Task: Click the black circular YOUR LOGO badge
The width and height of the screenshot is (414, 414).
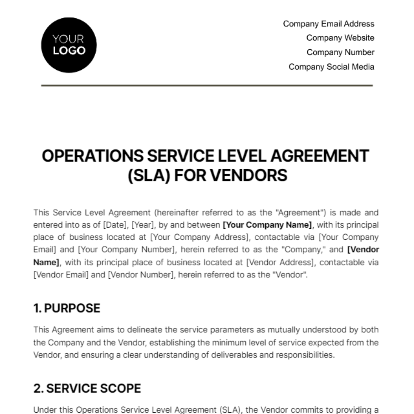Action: (x=69, y=45)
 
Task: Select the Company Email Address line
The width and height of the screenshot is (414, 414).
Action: (x=328, y=24)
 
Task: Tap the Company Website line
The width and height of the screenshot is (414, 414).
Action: (x=340, y=38)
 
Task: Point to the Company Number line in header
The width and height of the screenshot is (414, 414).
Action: (x=340, y=52)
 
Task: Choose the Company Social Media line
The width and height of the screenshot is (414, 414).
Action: (x=331, y=67)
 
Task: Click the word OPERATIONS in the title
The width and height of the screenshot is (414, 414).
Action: (x=92, y=156)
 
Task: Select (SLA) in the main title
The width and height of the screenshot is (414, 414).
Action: (x=149, y=175)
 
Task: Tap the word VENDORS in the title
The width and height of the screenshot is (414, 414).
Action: (x=248, y=175)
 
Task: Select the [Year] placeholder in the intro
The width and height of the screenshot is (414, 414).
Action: (x=144, y=225)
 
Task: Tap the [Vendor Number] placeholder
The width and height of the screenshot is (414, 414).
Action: (x=140, y=275)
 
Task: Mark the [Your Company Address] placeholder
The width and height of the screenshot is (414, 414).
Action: (x=200, y=237)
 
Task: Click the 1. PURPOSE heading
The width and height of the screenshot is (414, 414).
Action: (x=67, y=308)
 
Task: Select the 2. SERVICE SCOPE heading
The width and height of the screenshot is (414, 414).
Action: (x=87, y=388)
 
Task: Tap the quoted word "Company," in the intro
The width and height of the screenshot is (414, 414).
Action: (x=305, y=250)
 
